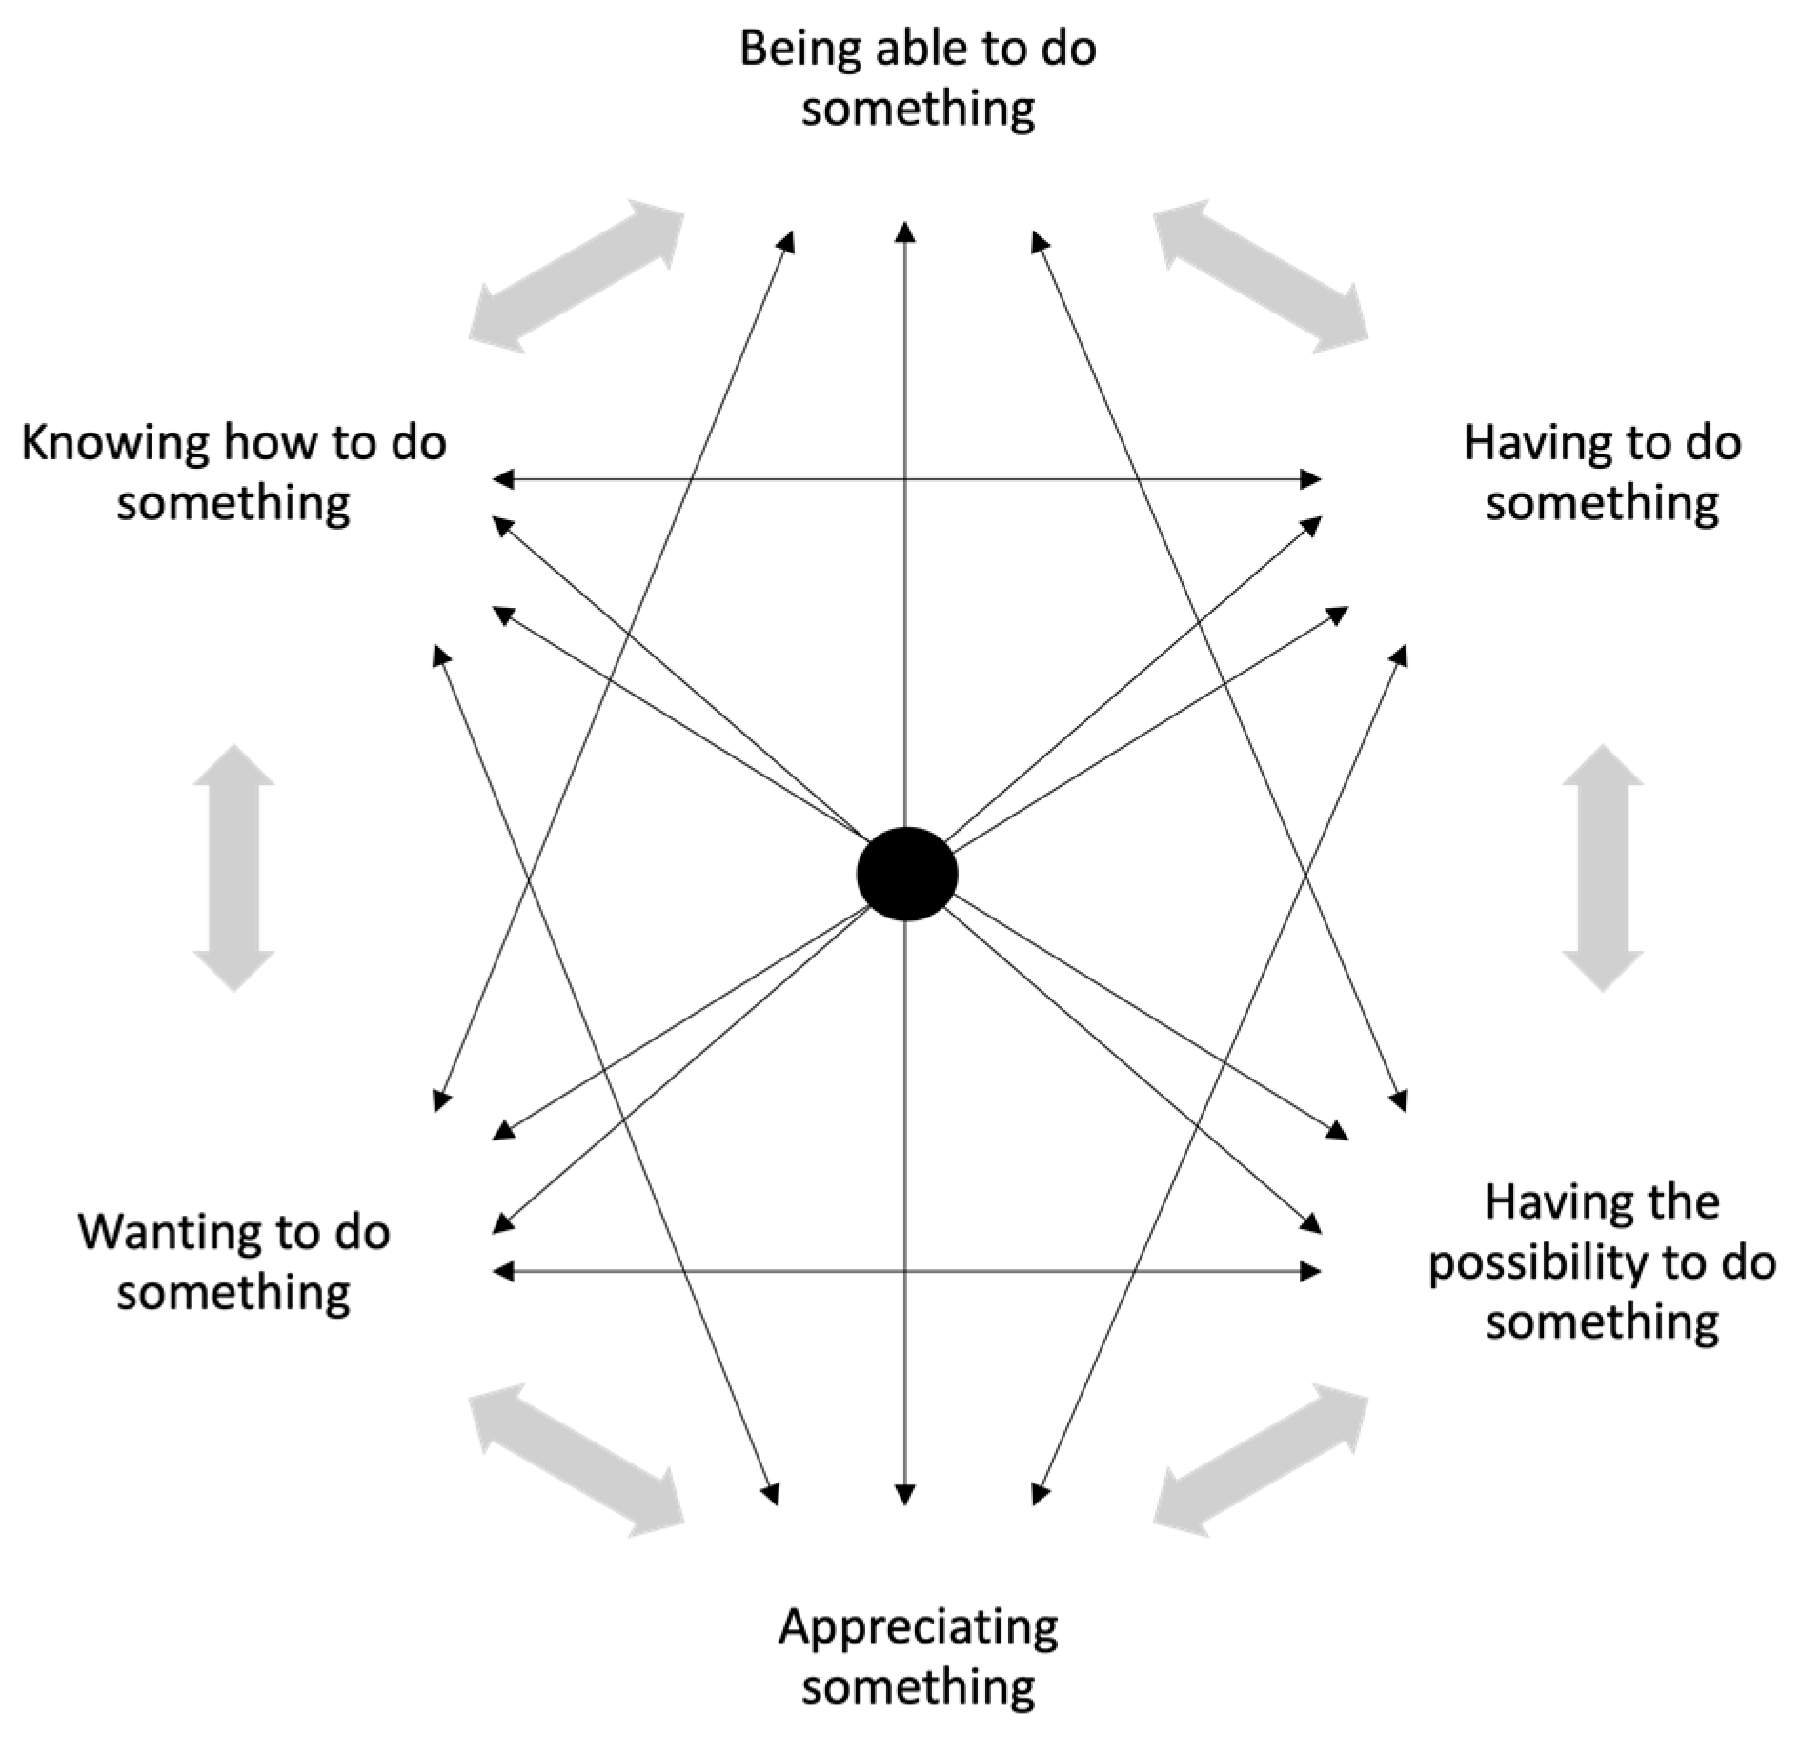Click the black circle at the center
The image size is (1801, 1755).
pos(906,874)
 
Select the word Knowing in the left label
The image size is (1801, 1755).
pos(114,444)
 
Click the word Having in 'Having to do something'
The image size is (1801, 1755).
pos(1523,443)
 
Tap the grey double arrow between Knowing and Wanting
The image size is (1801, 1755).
pos(233,868)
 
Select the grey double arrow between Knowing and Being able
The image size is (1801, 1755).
pos(577,276)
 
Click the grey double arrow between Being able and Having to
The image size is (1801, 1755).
pos(1261,276)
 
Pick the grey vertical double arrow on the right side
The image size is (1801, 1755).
pos(1602,868)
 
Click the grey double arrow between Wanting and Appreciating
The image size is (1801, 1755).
pos(577,1461)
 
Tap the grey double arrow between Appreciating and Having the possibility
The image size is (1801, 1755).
pos(1261,1461)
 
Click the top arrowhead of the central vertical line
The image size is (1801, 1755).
pos(905,232)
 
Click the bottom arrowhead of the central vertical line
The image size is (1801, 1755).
pos(905,1495)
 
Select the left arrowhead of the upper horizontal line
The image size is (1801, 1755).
pos(503,479)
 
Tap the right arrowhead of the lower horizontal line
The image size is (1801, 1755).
pos(1312,1271)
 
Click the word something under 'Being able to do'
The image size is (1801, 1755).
pos(918,109)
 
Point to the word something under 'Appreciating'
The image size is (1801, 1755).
pos(918,1686)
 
